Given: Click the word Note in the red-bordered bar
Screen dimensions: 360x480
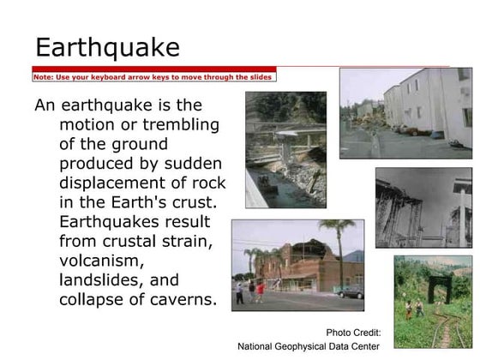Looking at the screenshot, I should pos(43,76).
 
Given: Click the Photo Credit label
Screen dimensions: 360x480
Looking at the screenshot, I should pos(353,333).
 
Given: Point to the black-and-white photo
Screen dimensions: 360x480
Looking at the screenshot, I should pos(423,207).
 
